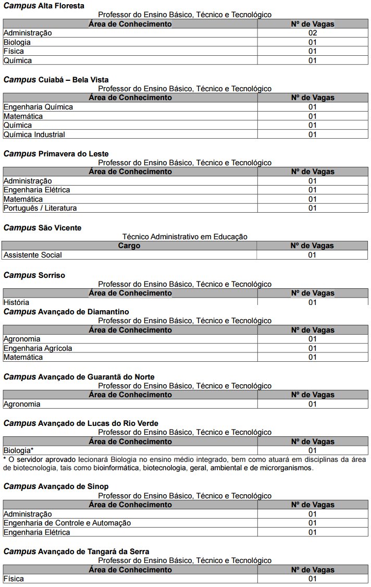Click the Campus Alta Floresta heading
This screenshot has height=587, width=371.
[x=44, y=6]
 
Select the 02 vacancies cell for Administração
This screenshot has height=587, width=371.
[x=313, y=33]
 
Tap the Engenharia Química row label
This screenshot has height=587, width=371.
[x=38, y=107]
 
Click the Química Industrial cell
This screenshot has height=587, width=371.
[x=34, y=134]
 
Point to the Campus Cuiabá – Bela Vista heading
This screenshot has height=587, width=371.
[x=56, y=80]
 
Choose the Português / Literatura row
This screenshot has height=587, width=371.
[x=40, y=208]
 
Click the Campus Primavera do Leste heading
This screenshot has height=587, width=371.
[x=56, y=154]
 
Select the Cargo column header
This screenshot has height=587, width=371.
[x=129, y=246]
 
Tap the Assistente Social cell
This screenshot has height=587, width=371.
[x=32, y=255]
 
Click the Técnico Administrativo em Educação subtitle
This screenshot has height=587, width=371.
[x=185, y=237]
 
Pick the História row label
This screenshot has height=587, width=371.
[x=16, y=302]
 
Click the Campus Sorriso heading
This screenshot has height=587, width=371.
[x=34, y=275]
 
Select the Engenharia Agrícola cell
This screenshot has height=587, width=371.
[x=38, y=348]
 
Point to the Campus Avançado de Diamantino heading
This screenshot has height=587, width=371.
[x=66, y=312]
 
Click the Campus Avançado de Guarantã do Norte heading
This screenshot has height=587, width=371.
[x=79, y=377]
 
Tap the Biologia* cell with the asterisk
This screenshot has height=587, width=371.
[x=18, y=450]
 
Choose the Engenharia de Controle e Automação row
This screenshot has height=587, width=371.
[x=67, y=523]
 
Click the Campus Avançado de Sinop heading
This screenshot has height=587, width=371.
[x=56, y=486]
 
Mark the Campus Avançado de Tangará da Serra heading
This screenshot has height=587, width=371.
[x=76, y=552]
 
